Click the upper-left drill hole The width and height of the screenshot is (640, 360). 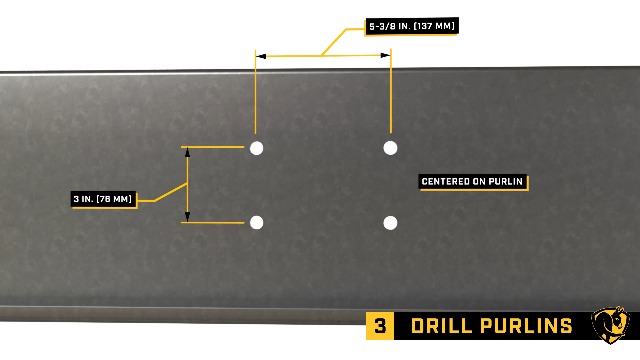coord(257,148)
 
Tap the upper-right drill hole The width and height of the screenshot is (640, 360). coord(391,148)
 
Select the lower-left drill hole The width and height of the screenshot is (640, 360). coord(257,222)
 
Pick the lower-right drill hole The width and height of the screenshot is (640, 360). coord(391,222)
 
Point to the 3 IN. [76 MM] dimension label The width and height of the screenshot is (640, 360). coord(103,199)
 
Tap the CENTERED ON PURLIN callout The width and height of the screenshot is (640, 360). coord(473,182)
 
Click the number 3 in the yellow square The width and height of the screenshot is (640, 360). coord(380,326)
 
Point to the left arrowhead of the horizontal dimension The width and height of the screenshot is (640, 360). coord(261,57)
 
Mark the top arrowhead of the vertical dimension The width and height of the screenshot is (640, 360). coord(187,152)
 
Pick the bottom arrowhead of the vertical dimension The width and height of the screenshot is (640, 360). coord(187,217)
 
